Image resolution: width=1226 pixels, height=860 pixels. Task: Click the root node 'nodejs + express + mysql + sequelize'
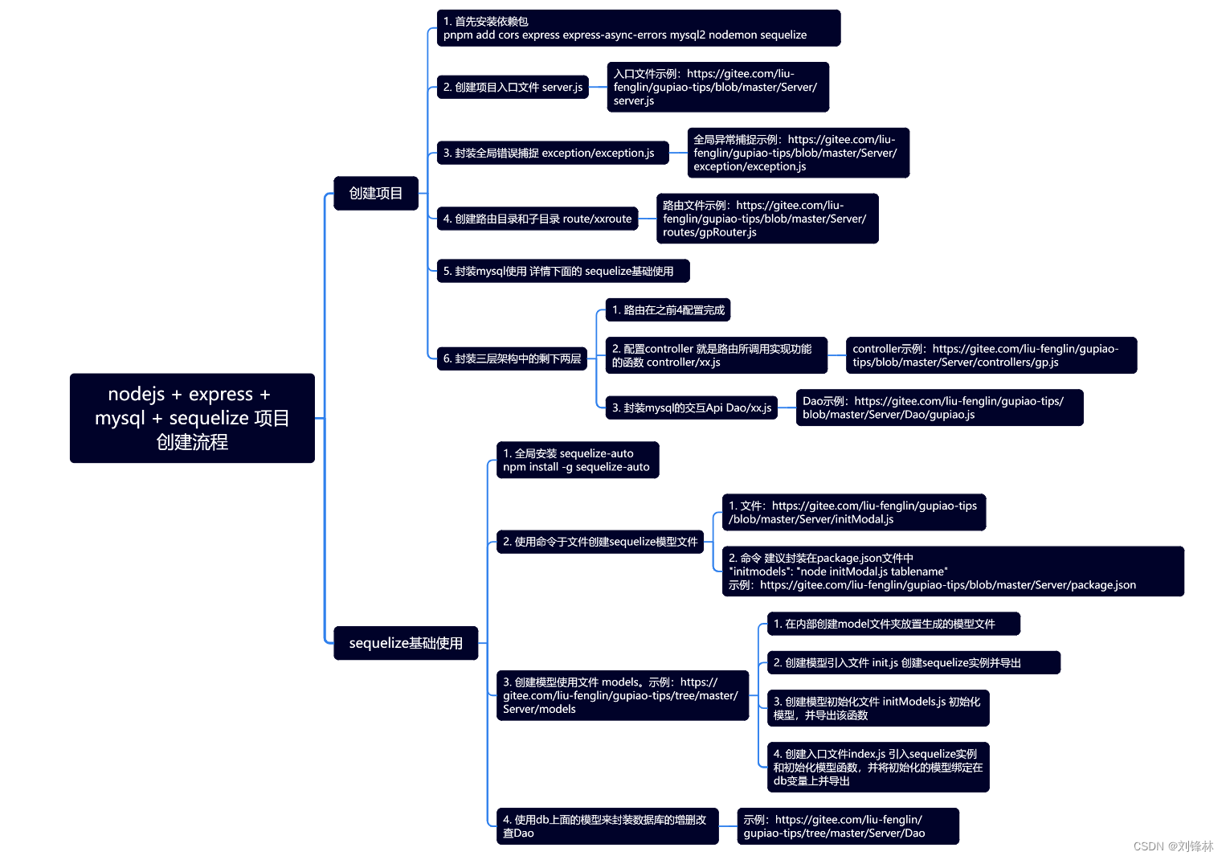point(192,418)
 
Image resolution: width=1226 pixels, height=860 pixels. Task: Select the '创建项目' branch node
point(376,193)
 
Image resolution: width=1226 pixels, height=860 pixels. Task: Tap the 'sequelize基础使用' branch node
point(406,643)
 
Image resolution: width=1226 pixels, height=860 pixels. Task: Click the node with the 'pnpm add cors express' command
point(638,28)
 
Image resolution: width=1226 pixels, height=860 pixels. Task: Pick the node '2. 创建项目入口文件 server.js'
point(513,87)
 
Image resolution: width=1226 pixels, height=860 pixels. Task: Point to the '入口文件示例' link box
point(717,87)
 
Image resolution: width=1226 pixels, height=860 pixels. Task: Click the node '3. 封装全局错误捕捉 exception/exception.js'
point(553,153)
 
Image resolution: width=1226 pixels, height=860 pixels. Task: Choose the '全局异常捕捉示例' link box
point(798,153)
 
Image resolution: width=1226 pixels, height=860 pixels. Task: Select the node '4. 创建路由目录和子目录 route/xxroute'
point(537,219)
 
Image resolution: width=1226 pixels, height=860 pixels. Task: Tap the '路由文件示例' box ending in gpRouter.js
point(767,219)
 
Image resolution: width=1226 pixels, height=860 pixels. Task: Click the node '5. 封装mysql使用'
point(562,271)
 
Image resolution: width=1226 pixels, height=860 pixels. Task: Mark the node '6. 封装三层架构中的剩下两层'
point(512,358)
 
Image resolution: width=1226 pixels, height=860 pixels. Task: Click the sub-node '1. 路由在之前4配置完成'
point(668,310)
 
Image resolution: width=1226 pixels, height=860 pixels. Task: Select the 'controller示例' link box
point(991,355)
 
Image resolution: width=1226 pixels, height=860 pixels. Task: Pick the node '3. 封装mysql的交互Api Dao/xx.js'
point(691,407)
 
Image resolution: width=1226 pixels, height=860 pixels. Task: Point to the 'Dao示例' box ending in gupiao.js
point(939,407)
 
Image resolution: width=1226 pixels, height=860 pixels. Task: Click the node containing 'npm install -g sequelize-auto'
point(578,460)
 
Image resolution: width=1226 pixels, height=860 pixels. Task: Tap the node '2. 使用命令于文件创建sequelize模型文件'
point(600,542)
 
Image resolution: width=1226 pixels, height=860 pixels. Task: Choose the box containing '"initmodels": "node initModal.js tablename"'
point(952,571)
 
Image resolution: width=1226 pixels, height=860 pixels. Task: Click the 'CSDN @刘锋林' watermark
point(1173,846)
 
